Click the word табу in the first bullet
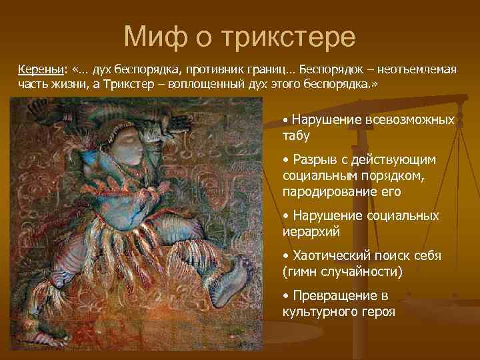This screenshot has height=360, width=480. click(296, 135)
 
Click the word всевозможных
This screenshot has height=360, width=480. click(410, 121)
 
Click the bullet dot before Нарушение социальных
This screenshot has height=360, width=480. click(285, 217)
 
